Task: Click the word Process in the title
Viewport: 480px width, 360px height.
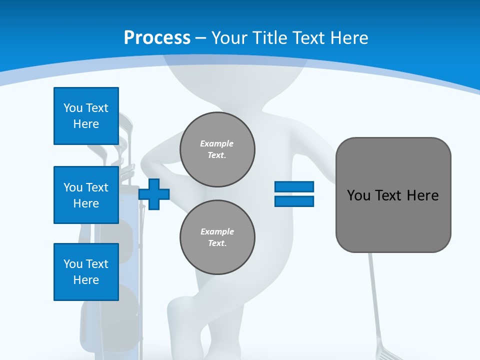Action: point(157,38)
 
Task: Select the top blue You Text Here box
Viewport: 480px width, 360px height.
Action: point(86,116)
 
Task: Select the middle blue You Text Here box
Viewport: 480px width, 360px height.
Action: point(86,195)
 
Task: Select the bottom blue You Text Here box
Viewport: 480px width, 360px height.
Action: point(86,272)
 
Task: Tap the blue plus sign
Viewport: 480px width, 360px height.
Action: point(154,194)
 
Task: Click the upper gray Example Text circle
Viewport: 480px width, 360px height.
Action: point(217,149)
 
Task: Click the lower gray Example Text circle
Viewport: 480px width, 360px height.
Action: point(217,237)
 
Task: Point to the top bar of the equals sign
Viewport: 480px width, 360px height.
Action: point(294,186)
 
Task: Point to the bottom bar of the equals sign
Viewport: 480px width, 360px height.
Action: point(294,201)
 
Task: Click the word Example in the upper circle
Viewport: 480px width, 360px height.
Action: point(217,143)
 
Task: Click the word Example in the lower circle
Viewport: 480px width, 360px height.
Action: point(217,231)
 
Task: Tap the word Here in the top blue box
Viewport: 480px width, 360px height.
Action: point(86,124)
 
